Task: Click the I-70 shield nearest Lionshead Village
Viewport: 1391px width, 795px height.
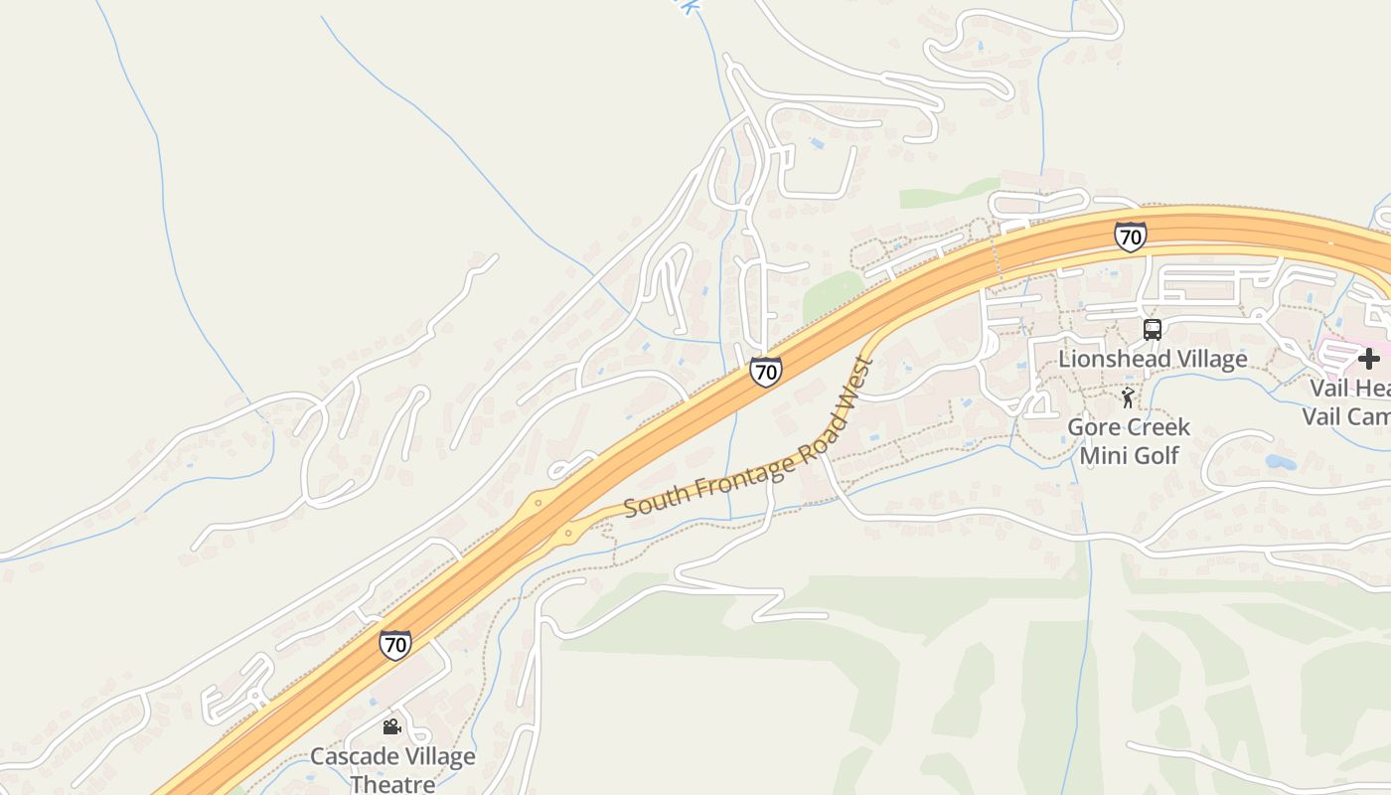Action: click(1130, 237)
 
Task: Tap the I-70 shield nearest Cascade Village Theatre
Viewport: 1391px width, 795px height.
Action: click(395, 644)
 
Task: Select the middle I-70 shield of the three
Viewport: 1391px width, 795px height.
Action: click(765, 372)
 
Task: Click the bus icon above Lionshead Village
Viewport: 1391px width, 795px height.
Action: click(1153, 330)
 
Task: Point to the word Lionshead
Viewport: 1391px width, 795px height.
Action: click(1110, 359)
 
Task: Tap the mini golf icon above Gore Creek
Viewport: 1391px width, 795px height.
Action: click(1127, 398)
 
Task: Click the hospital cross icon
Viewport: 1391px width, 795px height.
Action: click(1369, 359)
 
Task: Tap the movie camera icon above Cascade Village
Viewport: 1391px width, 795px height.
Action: click(391, 726)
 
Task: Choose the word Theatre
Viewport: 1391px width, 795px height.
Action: click(392, 784)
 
